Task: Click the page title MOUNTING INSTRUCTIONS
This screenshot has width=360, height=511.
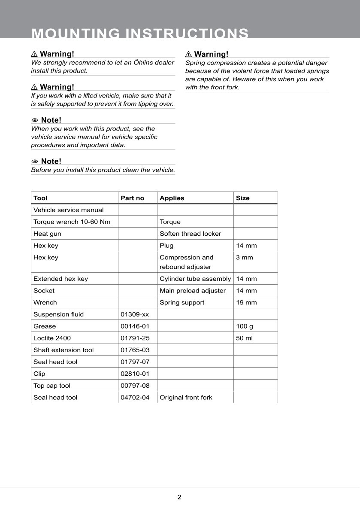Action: [x=140, y=33]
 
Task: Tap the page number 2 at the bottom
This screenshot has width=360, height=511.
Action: [x=179, y=497]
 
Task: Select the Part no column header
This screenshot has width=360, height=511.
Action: [x=133, y=198]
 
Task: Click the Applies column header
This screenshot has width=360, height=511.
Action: [x=172, y=198]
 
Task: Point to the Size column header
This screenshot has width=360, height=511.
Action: [x=242, y=198]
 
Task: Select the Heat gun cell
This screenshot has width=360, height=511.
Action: [x=47, y=234]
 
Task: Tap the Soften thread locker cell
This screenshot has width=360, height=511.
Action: [x=190, y=234]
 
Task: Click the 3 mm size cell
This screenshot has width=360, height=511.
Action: [x=245, y=257]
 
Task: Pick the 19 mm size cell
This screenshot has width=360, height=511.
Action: [x=246, y=302]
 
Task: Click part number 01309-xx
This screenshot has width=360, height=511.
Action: [x=135, y=314]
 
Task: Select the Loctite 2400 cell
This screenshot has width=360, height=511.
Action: [x=52, y=338]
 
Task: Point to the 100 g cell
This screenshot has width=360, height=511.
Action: [x=245, y=326]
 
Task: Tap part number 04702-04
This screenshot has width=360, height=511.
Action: [x=135, y=397]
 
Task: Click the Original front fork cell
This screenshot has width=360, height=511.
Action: [x=186, y=397]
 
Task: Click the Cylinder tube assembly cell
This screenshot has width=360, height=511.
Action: [x=195, y=279]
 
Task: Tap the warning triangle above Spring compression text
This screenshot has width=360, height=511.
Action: [x=188, y=54]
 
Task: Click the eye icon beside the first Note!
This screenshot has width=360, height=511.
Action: [x=35, y=120]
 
